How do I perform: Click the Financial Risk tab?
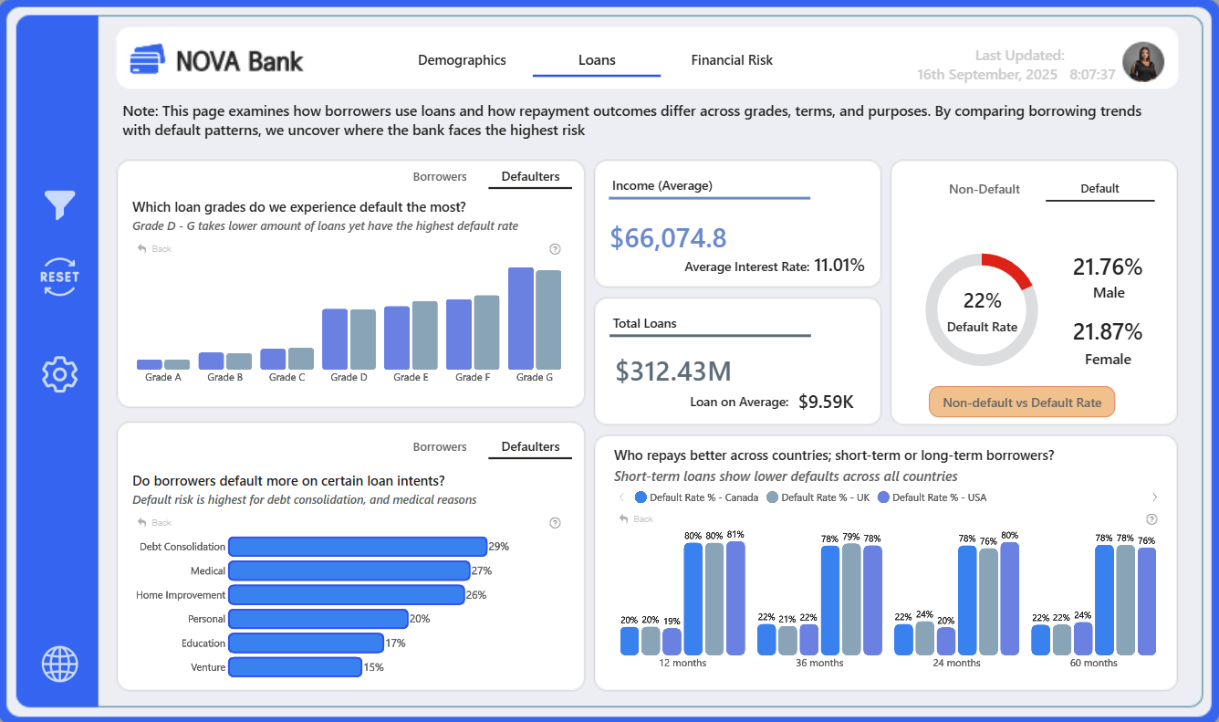pos(732,60)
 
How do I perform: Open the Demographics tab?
pos(462,60)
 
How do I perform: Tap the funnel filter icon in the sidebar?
pos(59,204)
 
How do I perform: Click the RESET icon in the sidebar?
pos(59,277)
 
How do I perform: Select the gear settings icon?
pos(59,374)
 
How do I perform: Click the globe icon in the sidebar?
pos(59,664)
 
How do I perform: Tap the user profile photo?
pos(1143,62)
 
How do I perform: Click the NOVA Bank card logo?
pos(147,58)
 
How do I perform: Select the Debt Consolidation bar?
pos(358,547)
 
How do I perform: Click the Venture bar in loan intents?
pos(295,667)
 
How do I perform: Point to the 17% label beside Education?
pos(396,644)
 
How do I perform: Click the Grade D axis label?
pos(349,377)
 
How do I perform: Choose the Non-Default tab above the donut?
pos(984,189)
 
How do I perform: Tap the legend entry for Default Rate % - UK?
pos(818,497)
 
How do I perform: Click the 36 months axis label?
pos(819,663)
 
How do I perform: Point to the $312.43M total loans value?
pos(673,371)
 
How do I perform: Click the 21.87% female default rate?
pos(1108,331)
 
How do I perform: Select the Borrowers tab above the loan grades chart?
pos(439,176)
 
